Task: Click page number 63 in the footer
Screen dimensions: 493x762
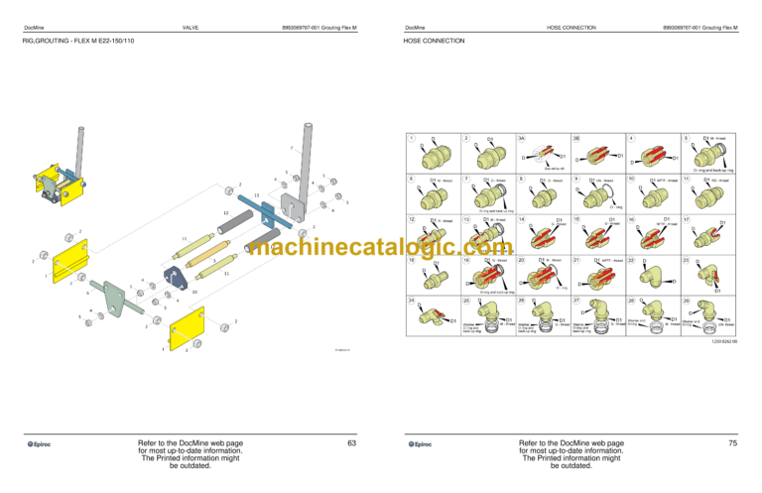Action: [x=351, y=443]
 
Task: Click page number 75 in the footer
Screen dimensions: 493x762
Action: [x=732, y=443]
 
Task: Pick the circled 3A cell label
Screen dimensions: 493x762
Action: [x=522, y=137]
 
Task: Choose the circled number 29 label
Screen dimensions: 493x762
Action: [x=686, y=301]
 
